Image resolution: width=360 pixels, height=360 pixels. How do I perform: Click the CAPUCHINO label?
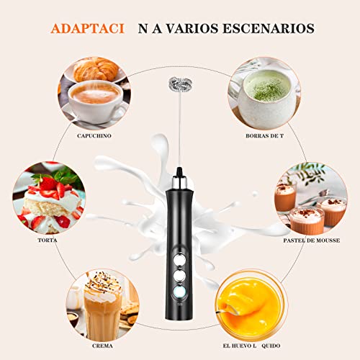[97, 135]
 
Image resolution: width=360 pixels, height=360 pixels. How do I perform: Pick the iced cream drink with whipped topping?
[104, 302]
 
